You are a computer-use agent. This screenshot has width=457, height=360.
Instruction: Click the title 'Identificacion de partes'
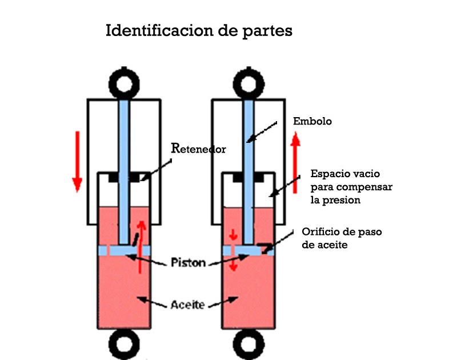point(199,31)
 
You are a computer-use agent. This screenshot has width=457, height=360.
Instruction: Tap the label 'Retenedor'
point(199,149)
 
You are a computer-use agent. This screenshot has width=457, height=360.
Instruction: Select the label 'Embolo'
point(312,121)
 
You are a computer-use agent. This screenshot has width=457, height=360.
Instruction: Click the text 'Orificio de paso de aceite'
point(342,238)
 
